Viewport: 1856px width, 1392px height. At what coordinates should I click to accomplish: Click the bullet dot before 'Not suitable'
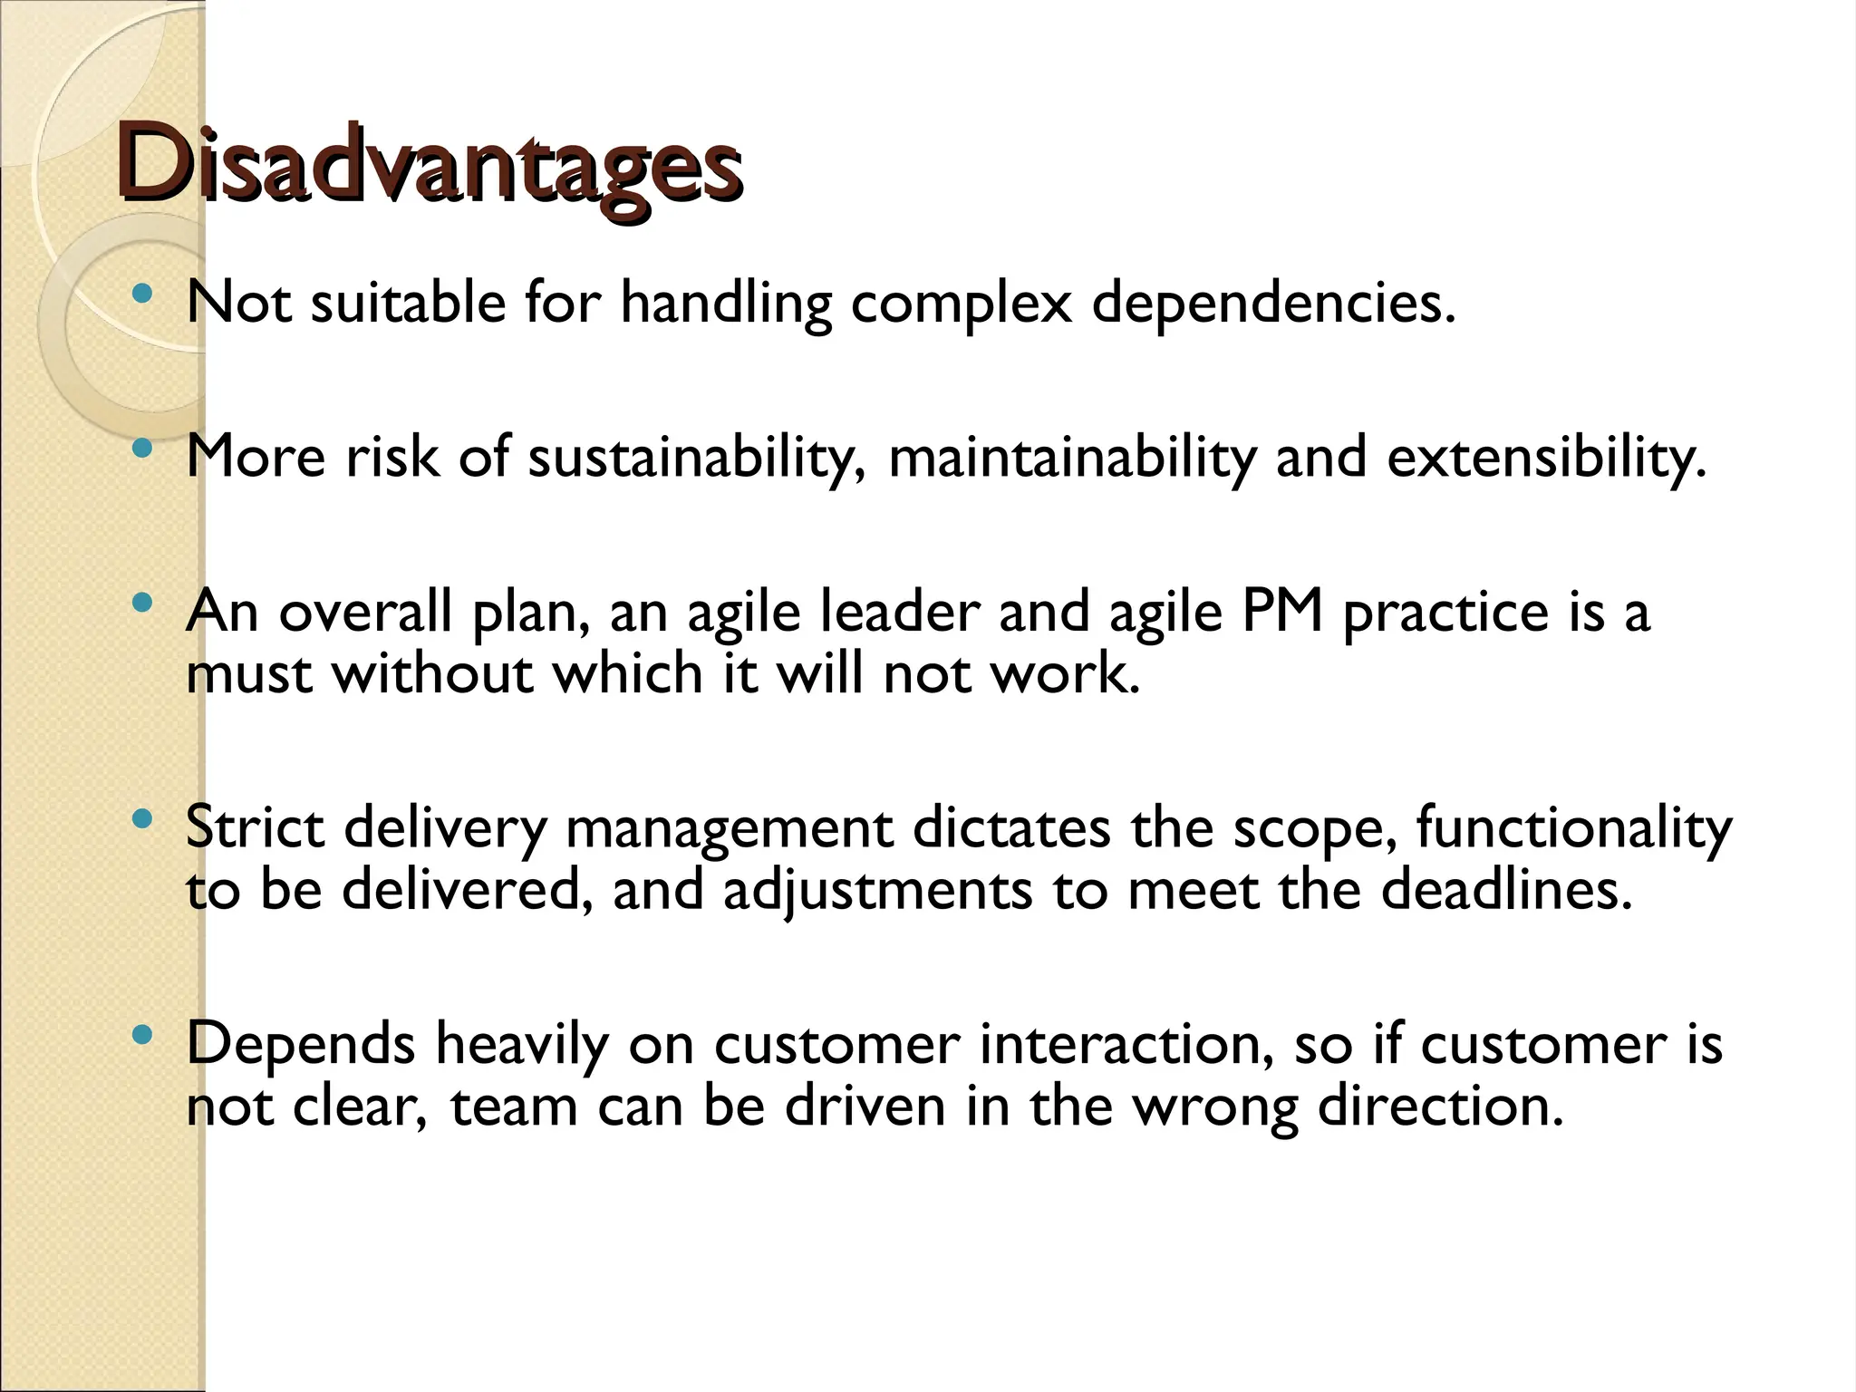coord(141,294)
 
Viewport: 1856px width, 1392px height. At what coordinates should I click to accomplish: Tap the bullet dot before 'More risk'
coord(141,448)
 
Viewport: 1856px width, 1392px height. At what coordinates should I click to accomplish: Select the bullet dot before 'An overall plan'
coord(141,603)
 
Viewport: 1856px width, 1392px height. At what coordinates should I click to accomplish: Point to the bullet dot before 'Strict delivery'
coord(141,820)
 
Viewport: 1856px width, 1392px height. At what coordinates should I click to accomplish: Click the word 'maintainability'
coord(1071,458)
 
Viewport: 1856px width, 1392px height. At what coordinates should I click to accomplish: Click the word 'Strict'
coord(255,827)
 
